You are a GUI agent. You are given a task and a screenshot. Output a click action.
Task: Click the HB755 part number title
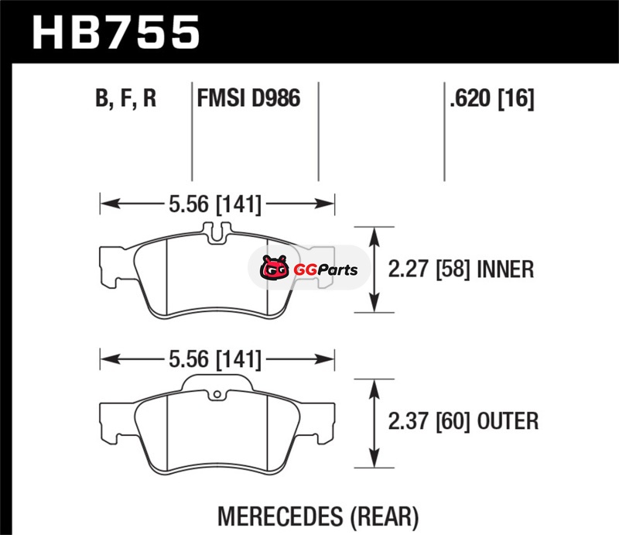[116, 33]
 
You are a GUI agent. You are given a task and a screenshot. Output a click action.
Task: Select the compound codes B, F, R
[126, 98]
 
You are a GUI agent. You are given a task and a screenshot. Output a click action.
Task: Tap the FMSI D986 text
[248, 98]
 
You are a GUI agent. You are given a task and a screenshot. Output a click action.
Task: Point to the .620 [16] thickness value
[492, 98]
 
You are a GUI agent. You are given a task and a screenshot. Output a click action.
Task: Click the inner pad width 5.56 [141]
[215, 204]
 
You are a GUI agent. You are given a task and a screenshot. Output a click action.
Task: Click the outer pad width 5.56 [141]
[215, 359]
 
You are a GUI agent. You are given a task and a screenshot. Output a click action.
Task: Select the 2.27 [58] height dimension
[429, 269]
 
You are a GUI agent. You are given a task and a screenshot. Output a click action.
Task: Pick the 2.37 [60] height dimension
[429, 421]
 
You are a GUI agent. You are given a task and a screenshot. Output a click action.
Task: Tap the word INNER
[505, 269]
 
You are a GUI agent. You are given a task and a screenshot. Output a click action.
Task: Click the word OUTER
[508, 421]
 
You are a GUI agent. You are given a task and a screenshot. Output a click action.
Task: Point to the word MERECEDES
[281, 516]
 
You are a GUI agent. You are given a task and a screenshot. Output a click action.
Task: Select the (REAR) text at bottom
[384, 517]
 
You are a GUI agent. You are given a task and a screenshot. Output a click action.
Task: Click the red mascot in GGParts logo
[275, 269]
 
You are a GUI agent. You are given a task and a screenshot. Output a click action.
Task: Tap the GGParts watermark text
[326, 270]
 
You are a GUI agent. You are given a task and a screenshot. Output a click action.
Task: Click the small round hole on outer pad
[217, 394]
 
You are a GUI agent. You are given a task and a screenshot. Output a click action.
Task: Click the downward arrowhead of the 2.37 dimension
[374, 458]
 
